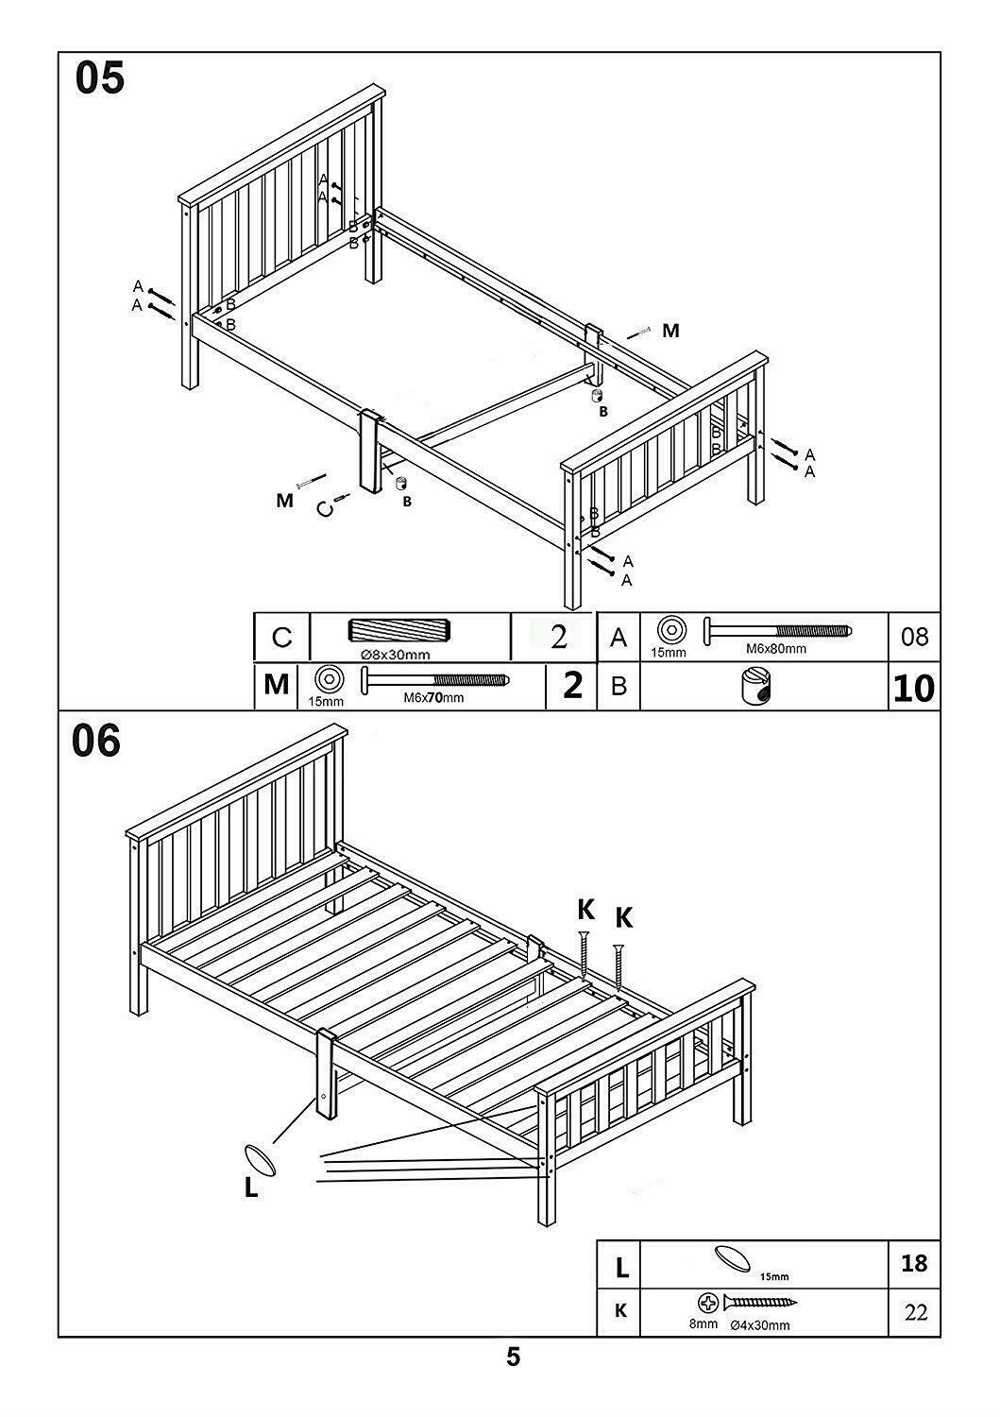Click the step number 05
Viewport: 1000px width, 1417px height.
pyautogui.click(x=100, y=79)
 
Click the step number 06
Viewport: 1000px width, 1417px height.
pyautogui.click(x=97, y=742)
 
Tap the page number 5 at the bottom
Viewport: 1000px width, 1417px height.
pyautogui.click(x=513, y=1357)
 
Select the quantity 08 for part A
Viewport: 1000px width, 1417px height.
pyautogui.click(x=914, y=637)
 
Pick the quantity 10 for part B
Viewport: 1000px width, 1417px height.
pyautogui.click(x=913, y=688)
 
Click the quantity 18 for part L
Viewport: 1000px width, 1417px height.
pyautogui.click(x=913, y=1262)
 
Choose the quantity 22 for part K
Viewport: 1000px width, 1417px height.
pyautogui.click(x=913, y=1312)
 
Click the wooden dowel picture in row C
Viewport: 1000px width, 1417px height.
pyautogui.click(x=400, y=631)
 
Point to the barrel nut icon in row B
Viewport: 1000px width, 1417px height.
pyautogui.click(x=757, y=687)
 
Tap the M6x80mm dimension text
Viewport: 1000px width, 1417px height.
pyautogui.click(x=777, y=649)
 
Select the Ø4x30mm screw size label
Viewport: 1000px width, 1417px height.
pyautogui.click(x=759, y=1324)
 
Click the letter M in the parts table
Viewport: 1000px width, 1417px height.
pyautogui.click(x=276, y=685)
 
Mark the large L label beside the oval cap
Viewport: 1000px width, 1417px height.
pyautogui.click(x=251, y=1187)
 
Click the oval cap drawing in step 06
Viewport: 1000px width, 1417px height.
pyautogui.click(x=260, y=1159)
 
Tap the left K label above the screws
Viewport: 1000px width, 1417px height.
pyautogui.click(x=585, y=910)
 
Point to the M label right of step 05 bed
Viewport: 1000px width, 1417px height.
pyautogui.click(x=669, y=331)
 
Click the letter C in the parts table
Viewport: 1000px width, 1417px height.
pyautogui.click(x=281, y=638)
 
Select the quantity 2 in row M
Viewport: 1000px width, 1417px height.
pyautogui.click(x=572, y=686)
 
